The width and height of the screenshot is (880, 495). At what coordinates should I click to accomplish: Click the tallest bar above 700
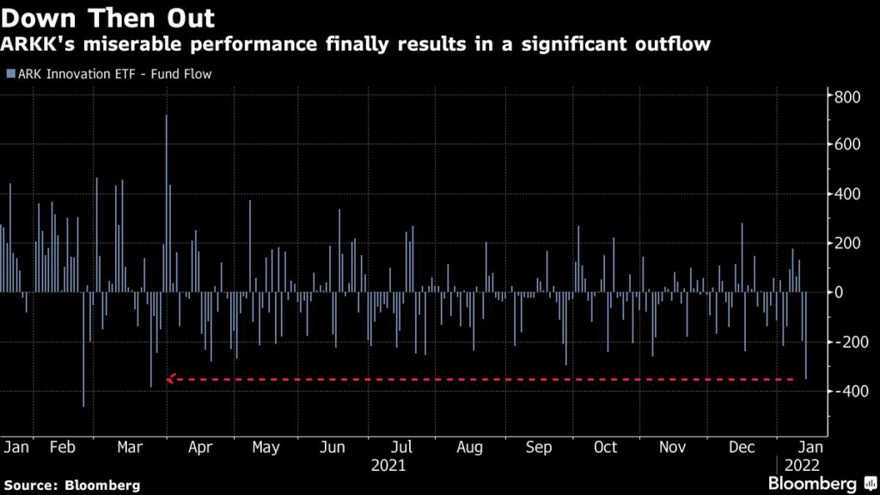(166, 204)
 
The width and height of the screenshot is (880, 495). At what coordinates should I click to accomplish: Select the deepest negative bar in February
(83, 349)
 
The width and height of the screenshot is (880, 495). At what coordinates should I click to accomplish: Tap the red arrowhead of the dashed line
(171, 378)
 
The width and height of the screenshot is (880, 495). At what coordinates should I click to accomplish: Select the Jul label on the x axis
(402, 447)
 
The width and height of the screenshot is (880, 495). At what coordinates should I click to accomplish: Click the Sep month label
(539, 447)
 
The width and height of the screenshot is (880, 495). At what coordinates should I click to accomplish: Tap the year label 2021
(388, 465)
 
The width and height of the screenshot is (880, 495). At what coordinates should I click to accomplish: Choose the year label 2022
(802, 465)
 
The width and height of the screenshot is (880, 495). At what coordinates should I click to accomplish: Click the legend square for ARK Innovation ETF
(10, 74)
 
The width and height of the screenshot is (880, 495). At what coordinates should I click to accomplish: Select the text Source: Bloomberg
(72, 485)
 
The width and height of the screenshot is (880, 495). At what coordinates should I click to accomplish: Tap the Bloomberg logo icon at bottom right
(871, 483)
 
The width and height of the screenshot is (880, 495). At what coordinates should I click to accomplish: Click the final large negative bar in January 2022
(806, 336)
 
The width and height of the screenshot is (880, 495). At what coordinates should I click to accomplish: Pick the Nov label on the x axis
(672, 447)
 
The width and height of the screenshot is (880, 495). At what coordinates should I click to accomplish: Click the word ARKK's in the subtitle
(38, 44)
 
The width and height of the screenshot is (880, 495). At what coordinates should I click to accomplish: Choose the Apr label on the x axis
(200, 447)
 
